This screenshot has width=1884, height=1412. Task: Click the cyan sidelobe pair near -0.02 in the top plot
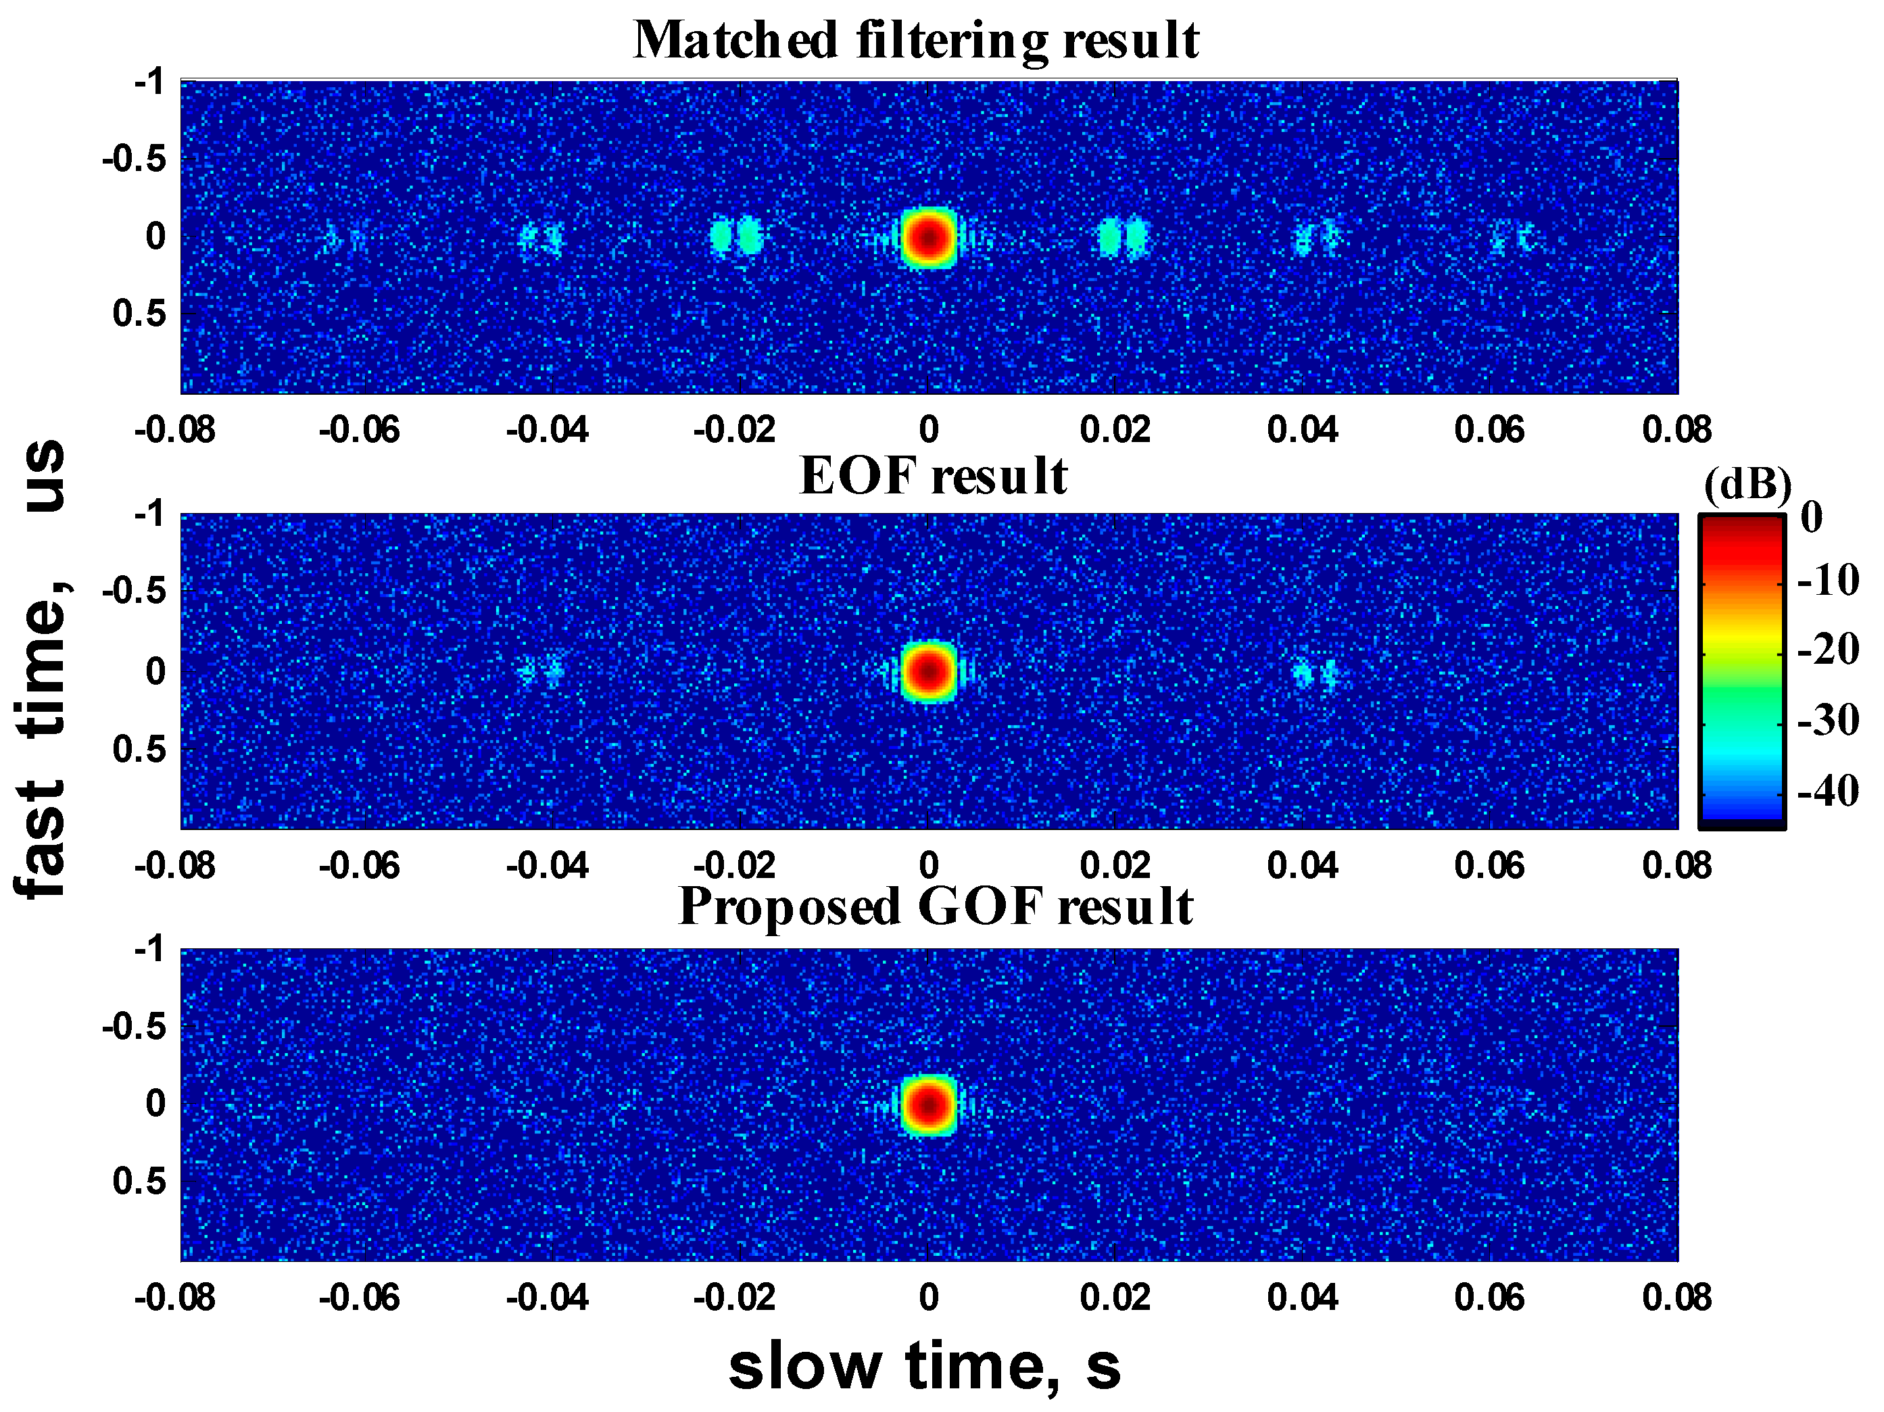(736, 236)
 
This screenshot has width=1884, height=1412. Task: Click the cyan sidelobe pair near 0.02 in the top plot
(1123, 237)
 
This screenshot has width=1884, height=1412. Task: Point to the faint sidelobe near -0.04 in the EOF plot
(541, 671)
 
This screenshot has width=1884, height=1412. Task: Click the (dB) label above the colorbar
(1747, 485)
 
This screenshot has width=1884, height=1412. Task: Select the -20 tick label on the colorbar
(1828, 650)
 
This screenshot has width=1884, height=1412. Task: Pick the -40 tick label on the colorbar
(1828, 791)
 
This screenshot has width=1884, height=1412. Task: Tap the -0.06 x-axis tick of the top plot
(358, 430)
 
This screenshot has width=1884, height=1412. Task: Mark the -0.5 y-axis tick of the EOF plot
(134, 590)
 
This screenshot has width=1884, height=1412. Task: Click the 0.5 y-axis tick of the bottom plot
(139, 1182)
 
